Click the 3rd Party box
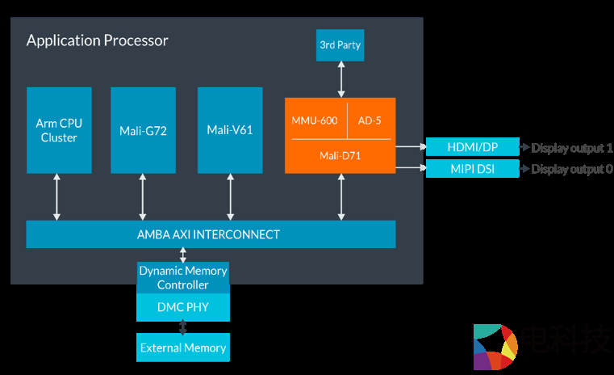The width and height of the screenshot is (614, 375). [x=340, y=45]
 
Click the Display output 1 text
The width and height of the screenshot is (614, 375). [x=572, y=148]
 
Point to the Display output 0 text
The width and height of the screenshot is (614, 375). [x=572, y=169]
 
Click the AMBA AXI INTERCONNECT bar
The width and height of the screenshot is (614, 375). [x=211, y=234]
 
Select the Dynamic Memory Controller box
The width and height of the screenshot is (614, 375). [x=183, y=277]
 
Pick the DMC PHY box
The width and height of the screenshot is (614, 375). [x=183, y=307]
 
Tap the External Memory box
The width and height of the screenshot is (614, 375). [x=183, y=348]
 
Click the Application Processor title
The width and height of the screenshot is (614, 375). [x=97, y=40]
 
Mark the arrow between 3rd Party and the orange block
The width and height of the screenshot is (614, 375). [x=340, y=79]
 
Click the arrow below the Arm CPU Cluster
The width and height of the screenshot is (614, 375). [x=56, y=196]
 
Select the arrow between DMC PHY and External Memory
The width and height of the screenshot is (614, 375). [x=183, y=327]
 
